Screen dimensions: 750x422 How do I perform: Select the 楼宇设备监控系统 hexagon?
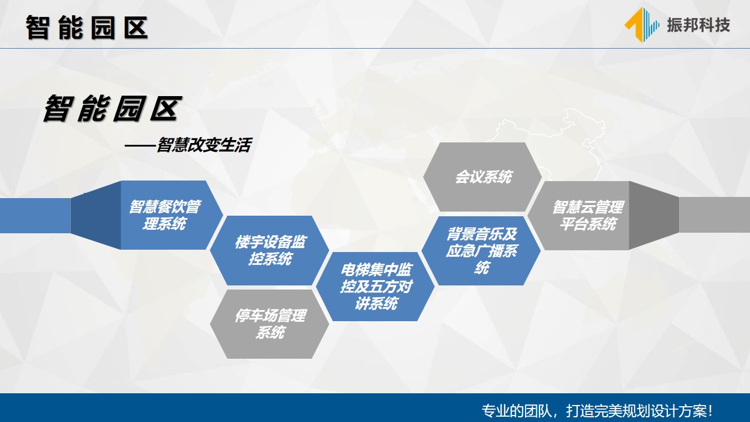click(270, 250)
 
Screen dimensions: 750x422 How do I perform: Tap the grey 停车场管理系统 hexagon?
click(270, 324)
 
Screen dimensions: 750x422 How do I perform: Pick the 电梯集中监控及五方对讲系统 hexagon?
click(376, 287)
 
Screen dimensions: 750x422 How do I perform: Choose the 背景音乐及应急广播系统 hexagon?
click(481, 250)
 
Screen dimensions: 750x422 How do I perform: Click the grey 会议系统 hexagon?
click(482, 177)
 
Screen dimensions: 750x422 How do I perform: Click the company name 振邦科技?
click(698, 25)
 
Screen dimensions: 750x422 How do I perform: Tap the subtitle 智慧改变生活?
click(204, 145)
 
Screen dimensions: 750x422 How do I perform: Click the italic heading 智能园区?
click(112, 108)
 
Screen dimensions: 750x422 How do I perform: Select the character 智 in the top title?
click(37, 28)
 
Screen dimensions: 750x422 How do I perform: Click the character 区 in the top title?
click(136, 28)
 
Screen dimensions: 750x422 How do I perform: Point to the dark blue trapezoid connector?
click(96, 215)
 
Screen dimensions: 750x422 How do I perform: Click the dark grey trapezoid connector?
click(654, 215)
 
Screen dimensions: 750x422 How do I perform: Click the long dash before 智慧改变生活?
click(140, 146)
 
